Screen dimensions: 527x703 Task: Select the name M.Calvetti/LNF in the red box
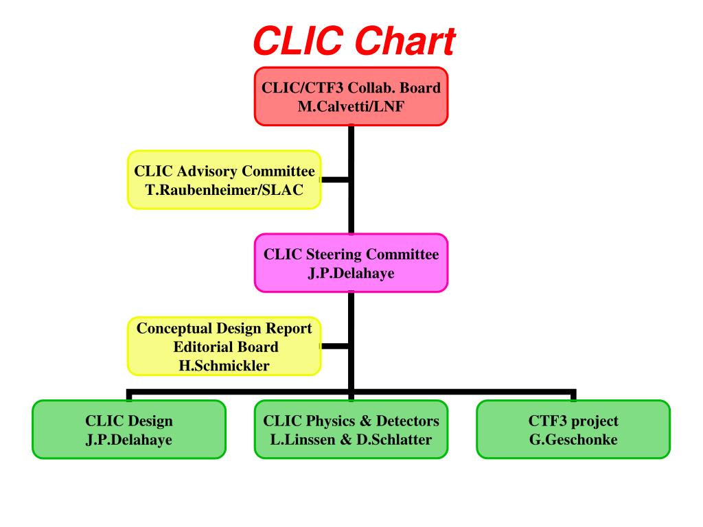351,106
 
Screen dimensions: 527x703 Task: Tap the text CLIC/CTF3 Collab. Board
351,88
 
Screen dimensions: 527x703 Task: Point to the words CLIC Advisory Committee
224,171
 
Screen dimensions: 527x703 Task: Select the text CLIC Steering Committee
351,254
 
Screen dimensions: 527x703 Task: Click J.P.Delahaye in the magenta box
351,272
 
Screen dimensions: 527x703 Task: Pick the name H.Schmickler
224,365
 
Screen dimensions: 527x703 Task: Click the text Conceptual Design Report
224,329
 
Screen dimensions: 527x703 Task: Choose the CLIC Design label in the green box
129,421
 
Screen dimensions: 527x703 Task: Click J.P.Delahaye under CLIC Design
129,439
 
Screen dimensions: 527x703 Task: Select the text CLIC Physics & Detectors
351,421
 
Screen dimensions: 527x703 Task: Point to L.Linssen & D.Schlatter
351,439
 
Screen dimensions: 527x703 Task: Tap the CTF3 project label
573,421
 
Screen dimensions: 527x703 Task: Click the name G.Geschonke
573,439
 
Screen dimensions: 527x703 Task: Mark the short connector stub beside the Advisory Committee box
335,180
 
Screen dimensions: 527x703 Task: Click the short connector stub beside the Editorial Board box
335,347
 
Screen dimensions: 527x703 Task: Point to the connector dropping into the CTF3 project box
573,395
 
